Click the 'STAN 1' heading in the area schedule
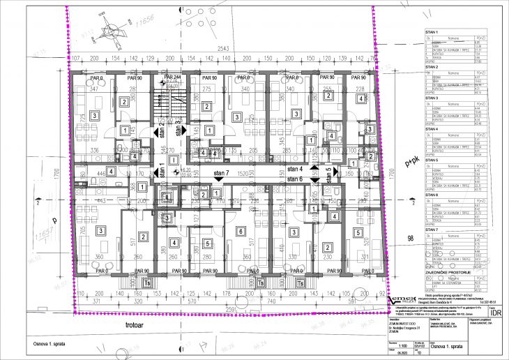click(x=432, y=33)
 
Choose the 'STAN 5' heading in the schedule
click(x=432, y=160)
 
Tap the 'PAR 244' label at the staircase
click(x=172, y=77)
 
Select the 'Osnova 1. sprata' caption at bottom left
click(x=36, y=343)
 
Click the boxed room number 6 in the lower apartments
click(x=241, y=231)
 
